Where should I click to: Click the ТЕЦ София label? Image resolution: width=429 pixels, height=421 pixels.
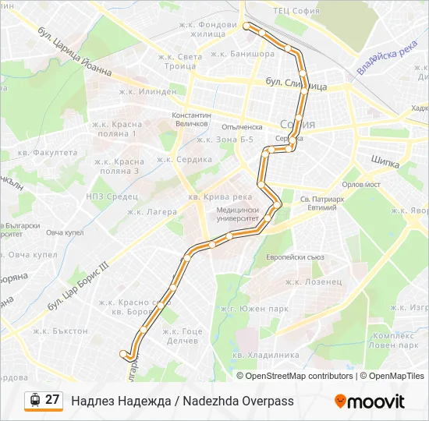click(x=296, y=11)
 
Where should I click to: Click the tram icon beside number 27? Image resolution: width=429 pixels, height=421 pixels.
click(x=34, y=400)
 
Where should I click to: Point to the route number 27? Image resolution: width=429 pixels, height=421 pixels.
click(x=52, y=400)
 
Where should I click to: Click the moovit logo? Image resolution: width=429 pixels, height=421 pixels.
click(x=370, y=402)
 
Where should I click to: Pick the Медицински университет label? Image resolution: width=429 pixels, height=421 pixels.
click(x=238, y=214)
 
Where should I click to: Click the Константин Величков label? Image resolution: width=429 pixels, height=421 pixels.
click(x=190, y=119)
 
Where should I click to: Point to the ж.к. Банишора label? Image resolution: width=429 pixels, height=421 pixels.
click(x=242, y=55)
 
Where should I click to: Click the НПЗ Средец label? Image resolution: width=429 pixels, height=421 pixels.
click(x=110, y=196)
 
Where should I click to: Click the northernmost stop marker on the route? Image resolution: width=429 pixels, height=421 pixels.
click(x=247, y=27)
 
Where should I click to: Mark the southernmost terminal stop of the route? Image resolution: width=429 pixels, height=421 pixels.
click(x=123, y=354)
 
